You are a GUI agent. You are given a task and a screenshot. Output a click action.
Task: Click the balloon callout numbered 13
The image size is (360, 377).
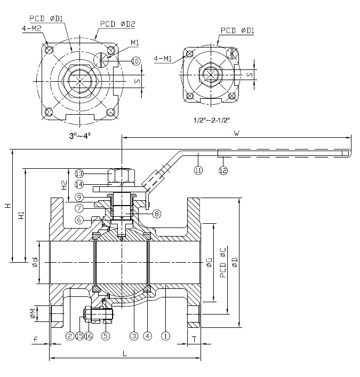[79, 174]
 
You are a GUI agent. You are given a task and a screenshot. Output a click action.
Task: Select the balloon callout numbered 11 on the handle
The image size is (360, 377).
[198, 170]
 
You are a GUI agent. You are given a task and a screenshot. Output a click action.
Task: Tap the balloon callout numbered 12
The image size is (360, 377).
[223, 170]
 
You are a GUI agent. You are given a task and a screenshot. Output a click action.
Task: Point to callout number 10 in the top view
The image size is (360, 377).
[135, 61]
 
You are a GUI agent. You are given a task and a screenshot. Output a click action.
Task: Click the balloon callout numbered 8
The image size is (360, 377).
[156, 214]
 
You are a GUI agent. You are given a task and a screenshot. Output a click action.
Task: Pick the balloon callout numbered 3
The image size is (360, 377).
[134, 336]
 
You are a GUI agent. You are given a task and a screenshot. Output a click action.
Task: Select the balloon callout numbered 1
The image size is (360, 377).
[166, 336]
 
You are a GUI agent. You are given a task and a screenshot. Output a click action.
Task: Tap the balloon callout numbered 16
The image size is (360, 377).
[89, 336]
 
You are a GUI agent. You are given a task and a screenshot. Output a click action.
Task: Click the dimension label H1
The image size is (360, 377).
[21, 216]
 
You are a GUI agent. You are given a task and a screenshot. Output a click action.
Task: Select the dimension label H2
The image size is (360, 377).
[63, 186]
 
